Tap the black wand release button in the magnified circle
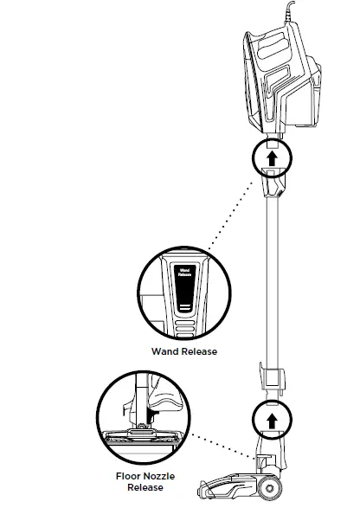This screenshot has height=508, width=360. (x=183, y=281)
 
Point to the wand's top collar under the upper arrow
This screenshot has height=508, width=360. (x=273, y=185)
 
